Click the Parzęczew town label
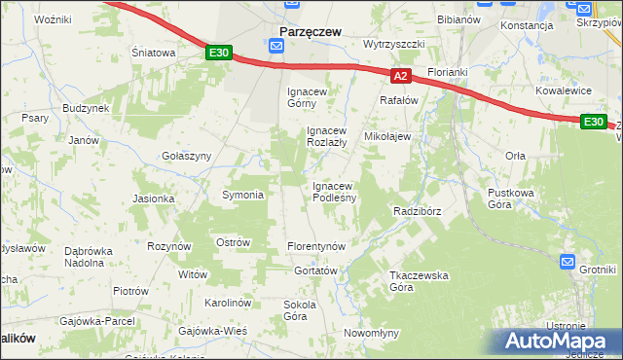pos(310,32)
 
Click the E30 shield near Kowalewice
pos(593,122)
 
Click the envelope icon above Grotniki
pos(568,262)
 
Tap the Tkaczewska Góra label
pos(419,281)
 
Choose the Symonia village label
pos(243,195)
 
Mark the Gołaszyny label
pos(186,156)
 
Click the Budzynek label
pos(86,109)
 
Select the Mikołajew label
pos(387,137)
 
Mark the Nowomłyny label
pos(372,333)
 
